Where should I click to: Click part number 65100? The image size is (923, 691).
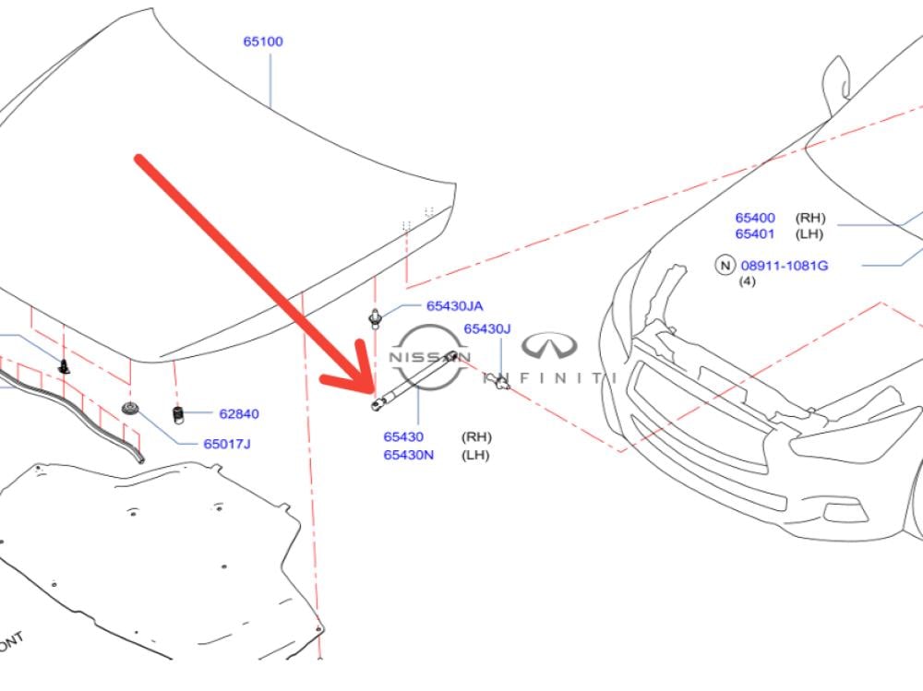tap(263, 42)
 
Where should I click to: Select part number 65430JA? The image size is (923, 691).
tap(454, 306)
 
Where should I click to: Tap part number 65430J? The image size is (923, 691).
tap(486, 329)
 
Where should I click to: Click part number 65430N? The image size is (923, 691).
tap(409, 455)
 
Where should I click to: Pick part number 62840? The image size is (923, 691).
tap(239, 414)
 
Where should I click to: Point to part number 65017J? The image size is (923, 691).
tap(227, 444)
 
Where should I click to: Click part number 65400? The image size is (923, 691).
tap(755, 218)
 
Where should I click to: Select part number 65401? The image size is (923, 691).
tap(755, 234)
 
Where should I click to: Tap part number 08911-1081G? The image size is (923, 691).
tap(784, 266)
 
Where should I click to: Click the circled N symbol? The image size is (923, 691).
tap(725, 266)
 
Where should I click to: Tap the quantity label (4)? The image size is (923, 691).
tap(748, 281)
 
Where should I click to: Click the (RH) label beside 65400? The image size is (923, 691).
tap(811, 218)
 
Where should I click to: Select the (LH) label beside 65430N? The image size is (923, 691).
tap(475, 455)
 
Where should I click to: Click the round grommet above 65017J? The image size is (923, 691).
tap(131, 410)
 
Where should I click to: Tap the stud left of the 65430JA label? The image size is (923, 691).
tap(376, 318)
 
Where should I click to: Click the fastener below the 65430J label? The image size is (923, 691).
tap(501, 381)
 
